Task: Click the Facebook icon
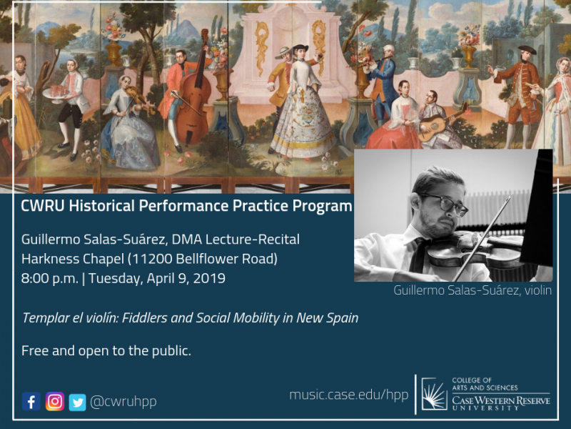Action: coord(31,402)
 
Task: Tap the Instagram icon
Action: coord(55,402)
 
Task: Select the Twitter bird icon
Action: coord(78,403)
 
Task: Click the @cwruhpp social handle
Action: coord(123,402)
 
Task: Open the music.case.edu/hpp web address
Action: coord(349,395)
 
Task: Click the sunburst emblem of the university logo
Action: coord(434,394)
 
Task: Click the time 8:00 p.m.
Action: coord(50,278)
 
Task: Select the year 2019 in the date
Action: coord(209,278)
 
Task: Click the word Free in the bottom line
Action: coord(35,350)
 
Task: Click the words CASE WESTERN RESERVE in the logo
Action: coord(501,400)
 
